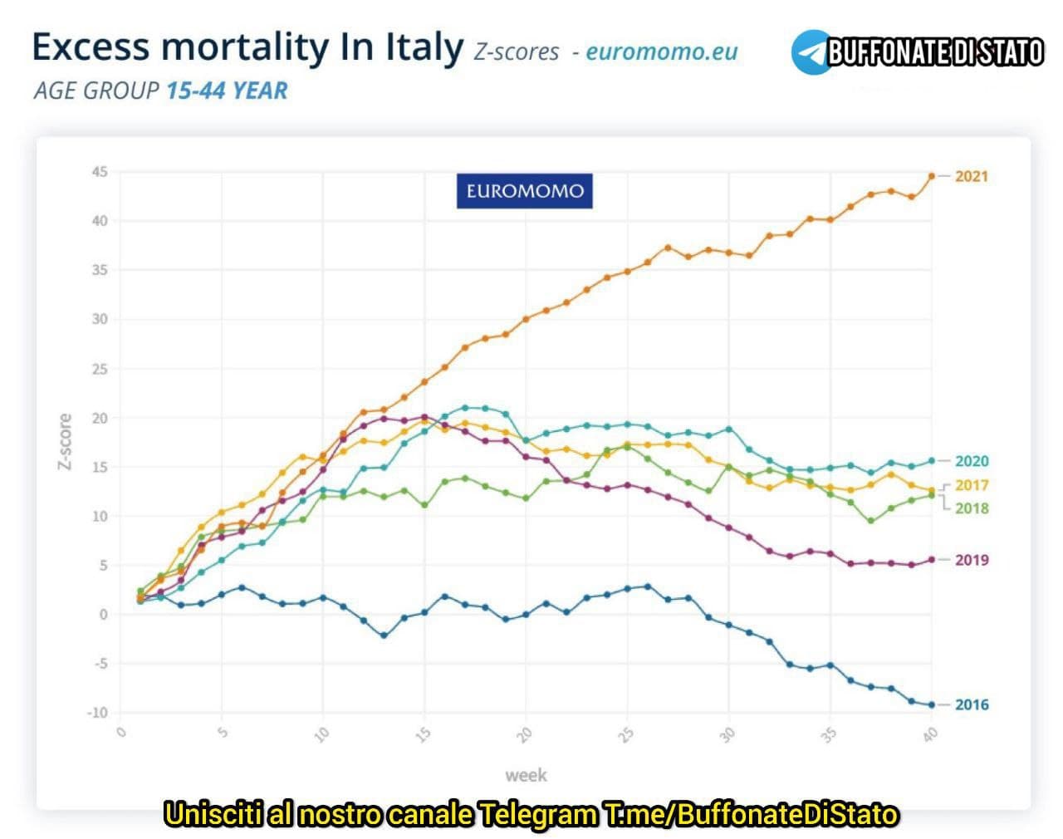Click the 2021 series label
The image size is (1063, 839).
[x=971, y=176]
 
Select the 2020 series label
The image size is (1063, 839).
[x=971, y=461]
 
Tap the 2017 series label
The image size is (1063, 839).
[x=971, y=485]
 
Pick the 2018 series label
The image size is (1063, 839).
[x=971, y=508]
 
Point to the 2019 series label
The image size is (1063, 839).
[x=971, y=560]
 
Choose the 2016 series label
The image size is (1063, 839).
[x=971, y=704]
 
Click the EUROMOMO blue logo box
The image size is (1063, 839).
[x=524, y=191]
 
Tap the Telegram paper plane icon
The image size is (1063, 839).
[x=810, y=52]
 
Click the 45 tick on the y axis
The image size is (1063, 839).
[x=100, y=172]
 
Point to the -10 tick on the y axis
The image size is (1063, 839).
[x=97, y=712]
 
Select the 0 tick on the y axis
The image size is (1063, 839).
[x=103, y=615]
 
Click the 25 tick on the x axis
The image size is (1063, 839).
[x=626, y=734]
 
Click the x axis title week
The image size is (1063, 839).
[x=526, y=775]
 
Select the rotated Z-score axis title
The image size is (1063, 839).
[x=64, y=442]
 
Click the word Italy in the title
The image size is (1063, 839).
[x=424, y=47]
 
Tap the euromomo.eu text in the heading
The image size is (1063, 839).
[x=661, y=52]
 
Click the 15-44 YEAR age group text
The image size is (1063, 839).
[x=227, y=90]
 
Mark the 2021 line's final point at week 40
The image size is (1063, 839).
[x=931, y=176]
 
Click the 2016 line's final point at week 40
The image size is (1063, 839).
[x=931, y=704]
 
